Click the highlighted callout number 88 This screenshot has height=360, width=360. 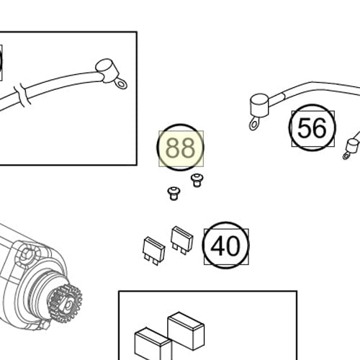point(180,148)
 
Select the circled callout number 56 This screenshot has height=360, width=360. point(312,128)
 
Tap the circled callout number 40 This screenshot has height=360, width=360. point(225,246)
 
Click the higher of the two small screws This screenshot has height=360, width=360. point(195,179)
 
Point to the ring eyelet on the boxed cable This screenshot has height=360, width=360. point(121,84)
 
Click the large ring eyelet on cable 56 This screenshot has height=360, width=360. point(254,125)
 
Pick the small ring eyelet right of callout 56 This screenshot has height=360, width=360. point(349,153)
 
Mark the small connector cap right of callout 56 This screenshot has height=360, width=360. point(355,138)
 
